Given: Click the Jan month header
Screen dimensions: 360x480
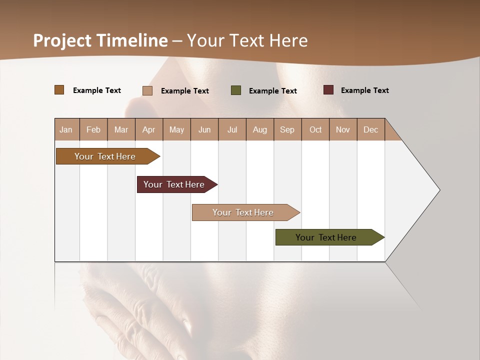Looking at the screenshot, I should (66, 129).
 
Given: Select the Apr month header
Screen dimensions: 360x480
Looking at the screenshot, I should (149, 129).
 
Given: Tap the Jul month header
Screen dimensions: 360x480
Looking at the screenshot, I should (232, 129).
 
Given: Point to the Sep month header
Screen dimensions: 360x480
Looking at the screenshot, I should (287, 129).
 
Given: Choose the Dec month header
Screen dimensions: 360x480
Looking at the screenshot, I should (370, 129).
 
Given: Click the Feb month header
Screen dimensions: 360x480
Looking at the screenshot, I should (93, 129).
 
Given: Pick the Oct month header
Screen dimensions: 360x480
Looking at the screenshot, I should (315, 129).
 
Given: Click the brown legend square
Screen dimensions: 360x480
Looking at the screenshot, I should (59, 90).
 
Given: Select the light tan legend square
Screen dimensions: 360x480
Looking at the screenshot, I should (147, 90).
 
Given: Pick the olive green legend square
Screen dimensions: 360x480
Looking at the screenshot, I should (236, 90).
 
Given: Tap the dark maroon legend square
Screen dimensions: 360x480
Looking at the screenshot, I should (328, 90).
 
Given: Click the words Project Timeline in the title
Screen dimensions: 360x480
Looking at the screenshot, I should (100, 40).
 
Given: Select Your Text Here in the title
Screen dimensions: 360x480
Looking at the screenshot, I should (247, 40).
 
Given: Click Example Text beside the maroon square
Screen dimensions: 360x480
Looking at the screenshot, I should (364, 90).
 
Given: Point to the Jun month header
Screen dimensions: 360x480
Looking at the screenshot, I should (204, 129).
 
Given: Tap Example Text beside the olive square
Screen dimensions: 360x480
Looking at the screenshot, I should (272, 91).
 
